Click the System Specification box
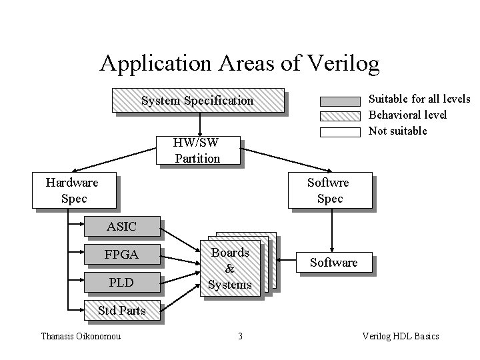197,101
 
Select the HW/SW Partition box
197,151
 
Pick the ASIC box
121,227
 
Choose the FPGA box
121,255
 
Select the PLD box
121,283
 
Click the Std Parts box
121,311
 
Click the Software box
334,263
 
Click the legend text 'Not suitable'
398,131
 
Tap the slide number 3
240,336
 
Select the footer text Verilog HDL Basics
400,336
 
